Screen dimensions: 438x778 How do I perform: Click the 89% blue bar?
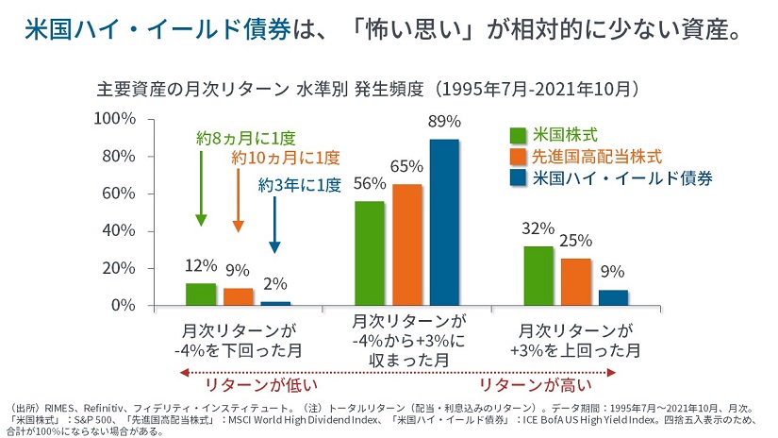(445, 223)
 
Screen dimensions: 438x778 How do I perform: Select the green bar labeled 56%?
(370, 254)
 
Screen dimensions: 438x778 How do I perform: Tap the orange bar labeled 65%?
(407, 245)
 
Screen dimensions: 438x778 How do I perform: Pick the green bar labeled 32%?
(538, 276)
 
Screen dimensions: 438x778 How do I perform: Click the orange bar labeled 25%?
(575, 282)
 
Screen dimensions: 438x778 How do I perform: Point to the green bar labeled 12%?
(201, 295)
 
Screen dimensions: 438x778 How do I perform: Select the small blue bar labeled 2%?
(275, 303)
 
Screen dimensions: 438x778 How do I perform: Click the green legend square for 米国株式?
(518, 134)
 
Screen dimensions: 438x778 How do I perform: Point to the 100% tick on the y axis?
(117, 118)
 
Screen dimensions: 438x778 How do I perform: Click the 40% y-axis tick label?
(121, 231)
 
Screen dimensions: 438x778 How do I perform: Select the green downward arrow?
(201, 188)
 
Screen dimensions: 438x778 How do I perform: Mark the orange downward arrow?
(238, 201)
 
